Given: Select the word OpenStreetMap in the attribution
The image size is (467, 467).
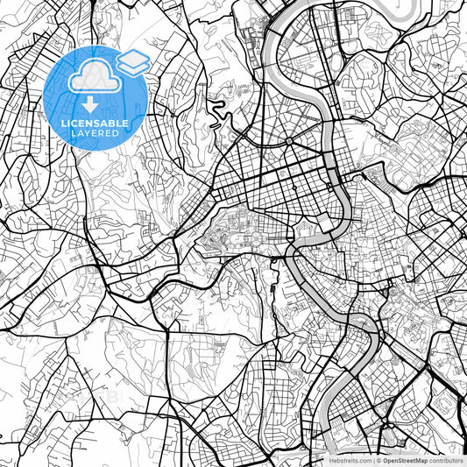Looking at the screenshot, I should [405, 459].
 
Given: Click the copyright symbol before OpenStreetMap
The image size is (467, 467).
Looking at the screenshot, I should [379, 459].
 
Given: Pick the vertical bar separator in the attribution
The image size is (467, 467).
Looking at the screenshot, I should [374, 459].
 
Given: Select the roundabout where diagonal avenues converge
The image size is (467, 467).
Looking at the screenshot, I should [288, 141].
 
